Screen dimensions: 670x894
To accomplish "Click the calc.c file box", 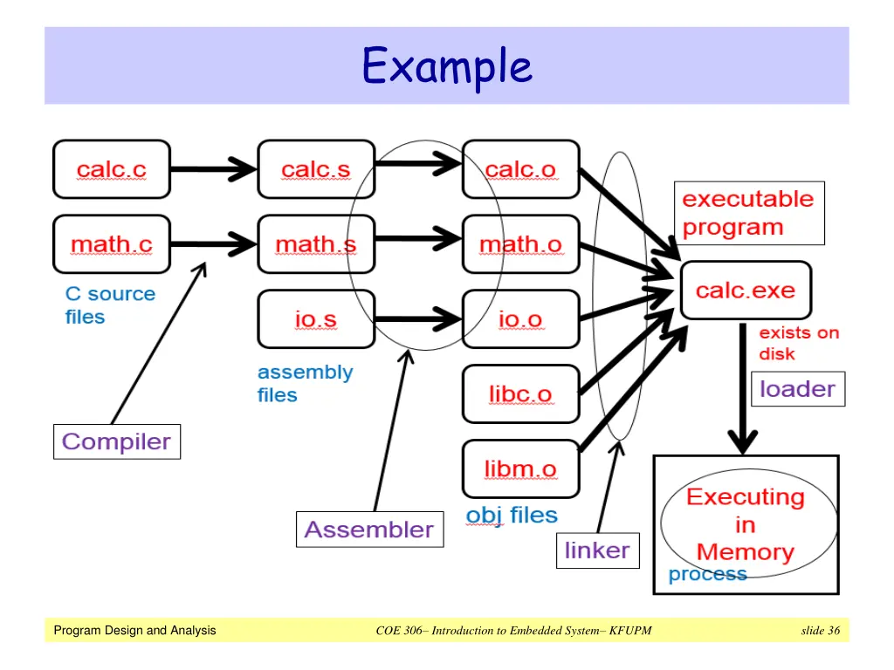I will tap(112, 169).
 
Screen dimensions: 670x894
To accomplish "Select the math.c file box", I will tap(112, 244).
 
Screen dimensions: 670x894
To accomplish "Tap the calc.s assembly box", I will tap(316, 169).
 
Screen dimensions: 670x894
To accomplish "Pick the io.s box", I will tap(316, 319).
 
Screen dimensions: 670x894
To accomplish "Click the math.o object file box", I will tap(520, 244).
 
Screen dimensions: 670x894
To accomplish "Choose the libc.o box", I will tap(520, 394).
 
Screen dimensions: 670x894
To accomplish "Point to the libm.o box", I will tap(520, 469).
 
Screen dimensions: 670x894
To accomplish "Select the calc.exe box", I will tap(746, 290).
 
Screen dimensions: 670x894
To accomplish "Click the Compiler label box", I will tap(117, 441).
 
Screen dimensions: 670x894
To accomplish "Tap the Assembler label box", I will tap(369, 530).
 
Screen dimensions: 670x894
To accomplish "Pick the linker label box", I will tap(597, 550).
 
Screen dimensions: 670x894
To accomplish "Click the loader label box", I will tap(798, 389).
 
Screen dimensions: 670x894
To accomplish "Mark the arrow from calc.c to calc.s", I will tap(213, 169).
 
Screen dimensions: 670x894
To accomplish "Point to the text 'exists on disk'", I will tap(798, 343).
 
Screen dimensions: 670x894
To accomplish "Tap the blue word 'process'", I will tap(707, 575).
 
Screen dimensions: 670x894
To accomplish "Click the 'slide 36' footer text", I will tap(820, 631).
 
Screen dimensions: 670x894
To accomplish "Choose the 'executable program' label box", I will tap(748, 213).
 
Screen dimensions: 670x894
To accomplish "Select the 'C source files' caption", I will tap(110, 305).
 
